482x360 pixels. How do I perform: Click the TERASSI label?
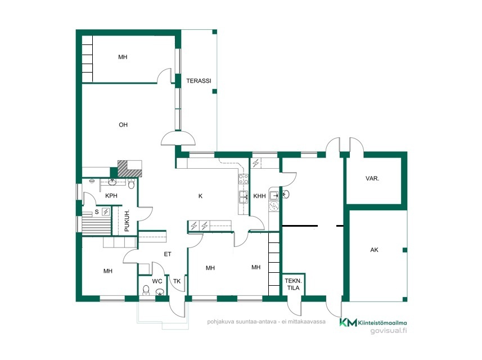[x=199, y=81]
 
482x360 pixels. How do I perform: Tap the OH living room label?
[x=123, y=125]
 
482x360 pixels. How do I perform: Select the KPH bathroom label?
[x=111, y=196]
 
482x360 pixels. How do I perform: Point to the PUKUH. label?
[x=127, y=220]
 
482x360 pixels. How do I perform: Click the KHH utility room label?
[x=259, y=196]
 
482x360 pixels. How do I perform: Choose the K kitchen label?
[x=200, y=196]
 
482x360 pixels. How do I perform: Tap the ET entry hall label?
[x=168, y=254]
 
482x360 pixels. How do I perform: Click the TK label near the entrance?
[x=177, y=281]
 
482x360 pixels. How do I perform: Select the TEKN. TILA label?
[x=293, y=285]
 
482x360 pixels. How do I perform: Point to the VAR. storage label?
[x=372, y=178]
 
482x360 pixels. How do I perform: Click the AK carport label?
[x=374, y=250]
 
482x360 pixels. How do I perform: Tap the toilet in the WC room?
[x=146, y=290]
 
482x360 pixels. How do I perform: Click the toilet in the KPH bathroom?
[x=131, y=184]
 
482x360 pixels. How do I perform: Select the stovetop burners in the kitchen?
[x=244, y=179]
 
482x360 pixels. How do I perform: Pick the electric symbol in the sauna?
[x=106, y=211]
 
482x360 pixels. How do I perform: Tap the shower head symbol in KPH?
[x=92, y=181]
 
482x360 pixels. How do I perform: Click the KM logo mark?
[x=348, y=322]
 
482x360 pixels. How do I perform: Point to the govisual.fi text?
[x=389, y=331]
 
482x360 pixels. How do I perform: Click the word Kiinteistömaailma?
[x=382, y=323]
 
